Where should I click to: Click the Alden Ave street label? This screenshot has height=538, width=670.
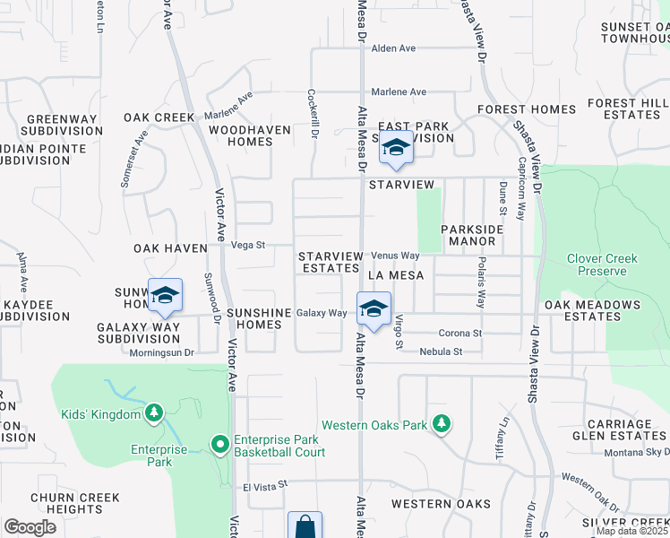[394, 48]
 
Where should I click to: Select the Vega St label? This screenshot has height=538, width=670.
[248, 244]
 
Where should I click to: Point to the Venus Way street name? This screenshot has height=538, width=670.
[395, 256]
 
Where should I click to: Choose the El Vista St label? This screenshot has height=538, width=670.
[264, 485]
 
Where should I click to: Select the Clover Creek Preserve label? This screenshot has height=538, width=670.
[601, 265]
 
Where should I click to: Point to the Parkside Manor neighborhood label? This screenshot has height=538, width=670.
[472, 235]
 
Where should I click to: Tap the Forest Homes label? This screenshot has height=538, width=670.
[527, 109]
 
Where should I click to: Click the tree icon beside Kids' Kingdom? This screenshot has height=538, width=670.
[154, 412]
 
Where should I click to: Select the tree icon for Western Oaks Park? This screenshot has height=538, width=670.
[441, 423]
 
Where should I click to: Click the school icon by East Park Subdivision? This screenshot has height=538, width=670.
[395, 148]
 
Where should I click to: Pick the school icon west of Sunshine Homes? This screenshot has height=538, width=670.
[165, 296]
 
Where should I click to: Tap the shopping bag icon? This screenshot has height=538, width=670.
[305, 525]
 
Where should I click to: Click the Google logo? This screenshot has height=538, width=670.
[30, 527]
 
